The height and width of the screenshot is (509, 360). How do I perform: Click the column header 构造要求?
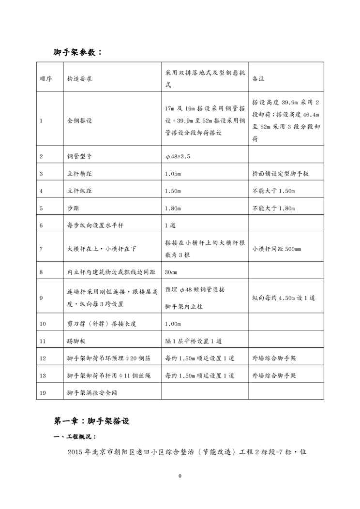[x=79, y=78]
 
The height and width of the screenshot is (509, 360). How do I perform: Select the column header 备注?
[x=258, y=78]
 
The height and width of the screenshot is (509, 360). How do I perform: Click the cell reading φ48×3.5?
[x=178, y=156]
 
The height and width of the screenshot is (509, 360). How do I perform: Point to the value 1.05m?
[x=173, y=173]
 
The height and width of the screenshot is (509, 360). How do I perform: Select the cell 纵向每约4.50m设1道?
[x=284, y=298]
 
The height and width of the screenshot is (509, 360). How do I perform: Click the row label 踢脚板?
[x=76, y=341]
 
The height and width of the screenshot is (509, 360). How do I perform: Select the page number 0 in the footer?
[x=180, y=476]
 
